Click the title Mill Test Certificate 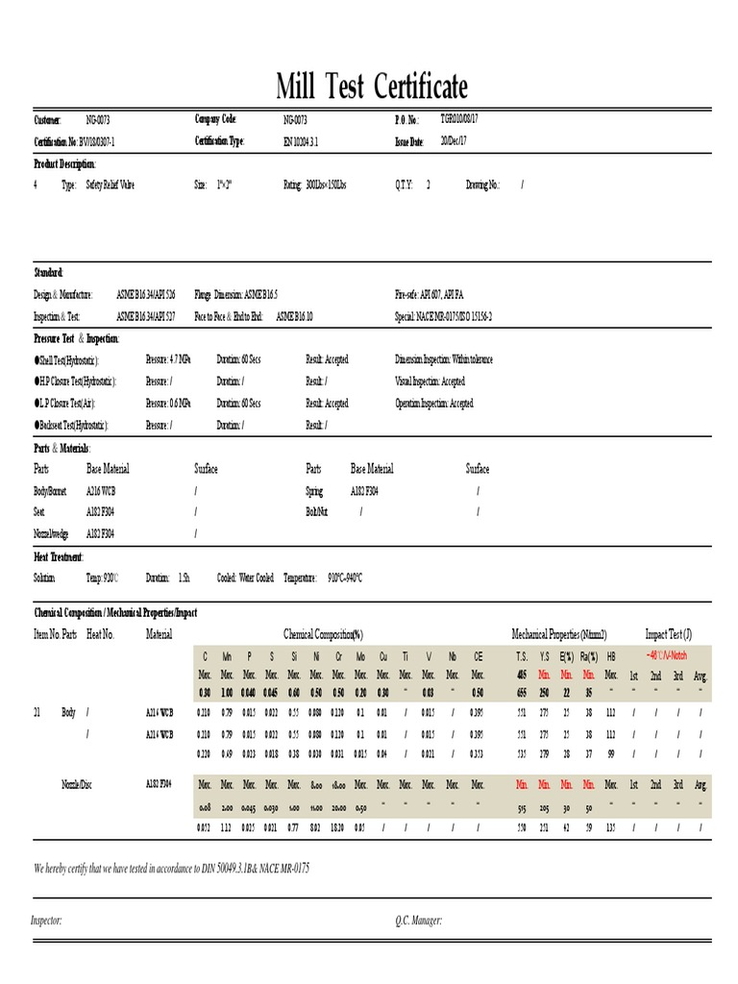(x=372, y=87)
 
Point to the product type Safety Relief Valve (x=110, y=184)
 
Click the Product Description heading (x=64, y=163)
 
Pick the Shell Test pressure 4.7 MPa (x=168, y=358)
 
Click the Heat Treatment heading (x=59, y=556)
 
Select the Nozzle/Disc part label (x=76, y=784)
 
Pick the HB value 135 (x=610, y=825)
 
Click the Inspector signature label (x=48, y=920)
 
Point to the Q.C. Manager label (x=418, y=920)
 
